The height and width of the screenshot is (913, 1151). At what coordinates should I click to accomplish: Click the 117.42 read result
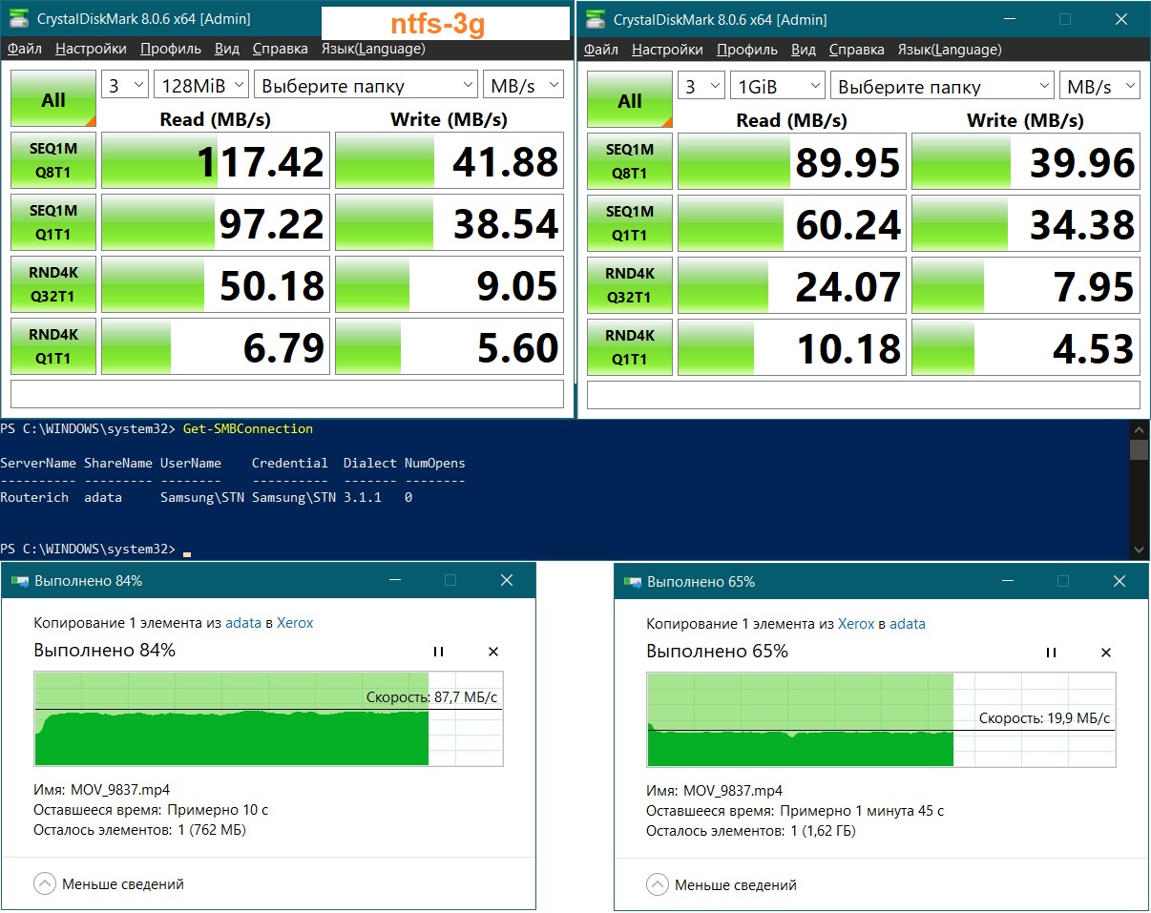tap(261, 161)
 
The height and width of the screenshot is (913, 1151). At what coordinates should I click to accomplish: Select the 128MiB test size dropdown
tap(201, 85)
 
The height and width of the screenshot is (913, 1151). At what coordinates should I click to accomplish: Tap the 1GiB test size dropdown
tap(777, 86)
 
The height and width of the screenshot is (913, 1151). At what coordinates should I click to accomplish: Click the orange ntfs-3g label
tap(437, 24)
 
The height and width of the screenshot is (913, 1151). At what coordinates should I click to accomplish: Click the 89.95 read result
tap(848, 162)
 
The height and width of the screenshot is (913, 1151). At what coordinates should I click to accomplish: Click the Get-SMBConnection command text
tap(247, 428)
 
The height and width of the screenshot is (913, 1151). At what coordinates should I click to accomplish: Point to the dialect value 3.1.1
tap(362, 497)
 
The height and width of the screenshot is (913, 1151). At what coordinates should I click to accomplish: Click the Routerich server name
tap(34, 497)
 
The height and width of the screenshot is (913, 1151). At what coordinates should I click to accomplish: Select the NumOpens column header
tap(434, 464)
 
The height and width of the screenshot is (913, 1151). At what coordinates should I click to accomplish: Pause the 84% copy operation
tap(439, 652)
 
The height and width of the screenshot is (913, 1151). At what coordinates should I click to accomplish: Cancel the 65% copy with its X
tap(1106, 653)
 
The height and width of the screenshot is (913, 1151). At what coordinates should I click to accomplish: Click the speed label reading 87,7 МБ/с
tap(431, 697)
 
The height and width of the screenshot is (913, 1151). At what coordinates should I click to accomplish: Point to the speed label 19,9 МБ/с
tap(1044, 717)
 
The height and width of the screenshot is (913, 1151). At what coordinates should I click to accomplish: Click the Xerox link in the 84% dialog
tap(295, 623)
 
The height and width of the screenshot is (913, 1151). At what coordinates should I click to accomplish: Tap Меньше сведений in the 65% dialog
tap(736, 885)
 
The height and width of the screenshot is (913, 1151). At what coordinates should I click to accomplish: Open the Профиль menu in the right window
tap(746, 50)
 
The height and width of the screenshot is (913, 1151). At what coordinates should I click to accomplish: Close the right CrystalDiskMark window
tap(1121, 20)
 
